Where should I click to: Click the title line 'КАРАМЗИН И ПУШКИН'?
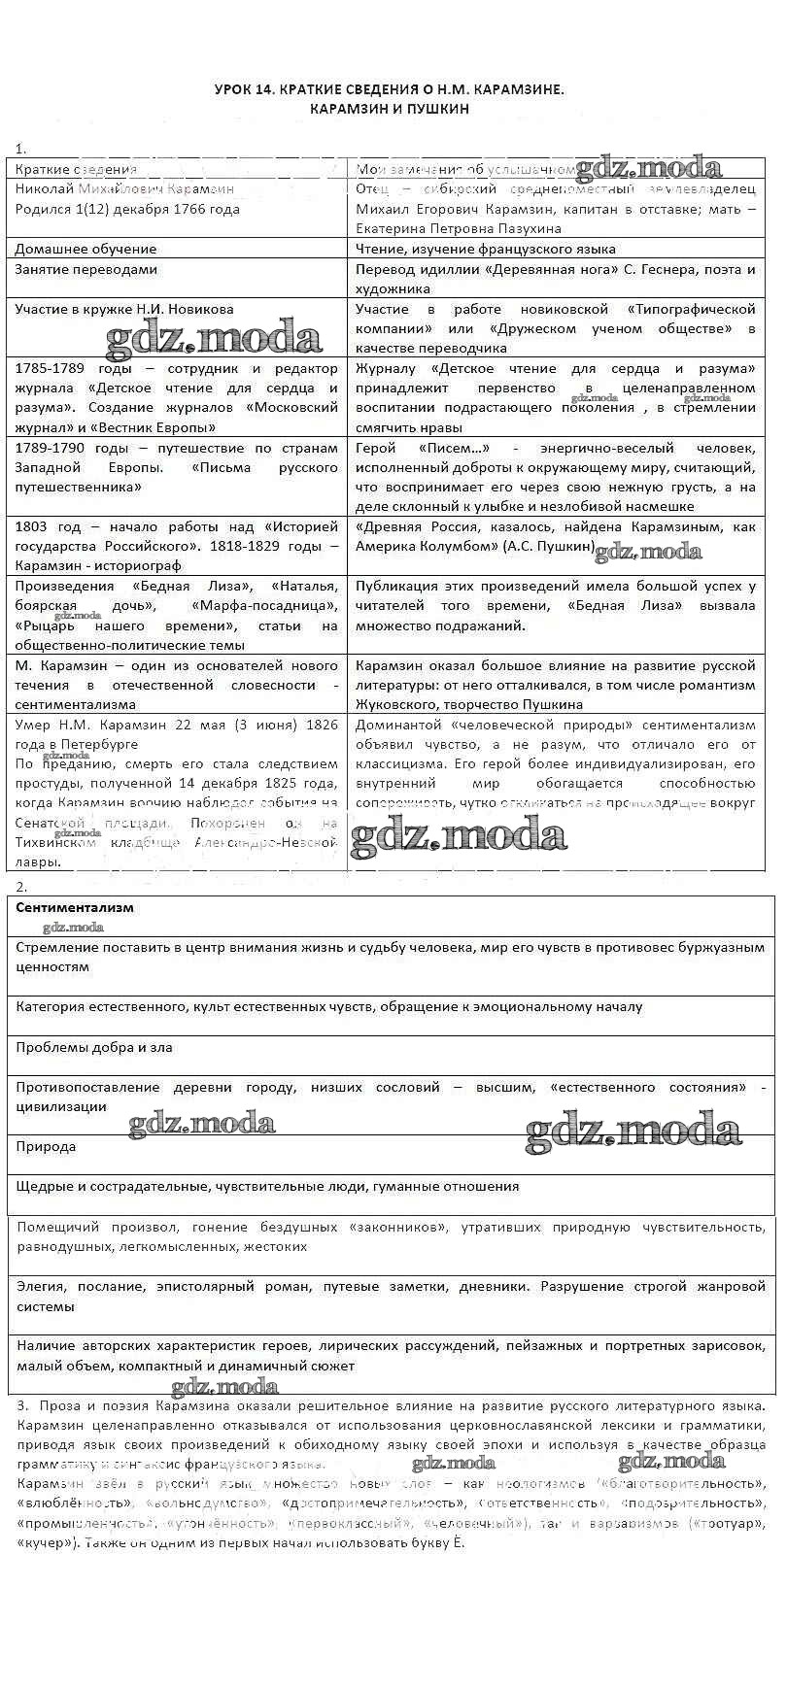point(389,109)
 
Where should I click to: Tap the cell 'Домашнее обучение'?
point(86,249)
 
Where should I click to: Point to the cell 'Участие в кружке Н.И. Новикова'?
point(124,309)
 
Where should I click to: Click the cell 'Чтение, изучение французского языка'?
point(485,249)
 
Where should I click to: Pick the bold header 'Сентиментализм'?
point(75,907)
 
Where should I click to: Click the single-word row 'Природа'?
point(46,1146)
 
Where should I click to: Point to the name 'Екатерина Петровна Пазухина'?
point(459,228)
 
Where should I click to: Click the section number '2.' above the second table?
point(21,886)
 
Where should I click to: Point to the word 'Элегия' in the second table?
point(41,1286)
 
